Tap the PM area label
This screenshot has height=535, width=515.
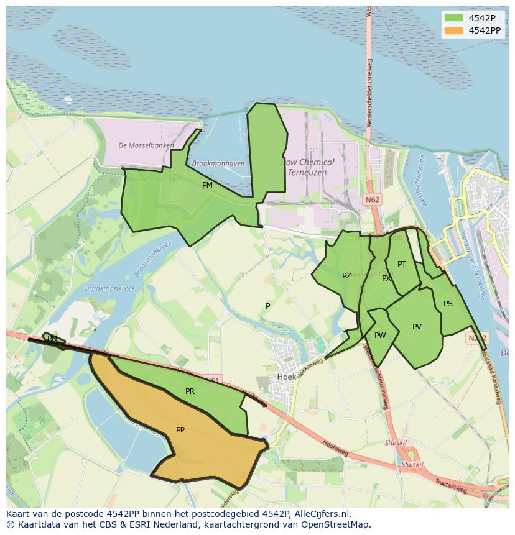point(207,185)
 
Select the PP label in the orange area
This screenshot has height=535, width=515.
point(180,430)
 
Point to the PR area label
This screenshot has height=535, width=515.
point(190,391)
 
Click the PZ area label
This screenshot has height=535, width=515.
point(346,276)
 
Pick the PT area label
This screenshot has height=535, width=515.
point(402,264)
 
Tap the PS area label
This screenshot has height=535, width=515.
point(448,304)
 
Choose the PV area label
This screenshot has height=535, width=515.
point(417,327)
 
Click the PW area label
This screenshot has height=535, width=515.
point(380,336)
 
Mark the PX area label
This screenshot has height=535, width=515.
point(386,278)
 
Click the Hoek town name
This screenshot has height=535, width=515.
point(286,377)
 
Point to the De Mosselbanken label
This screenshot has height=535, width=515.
point(146,145)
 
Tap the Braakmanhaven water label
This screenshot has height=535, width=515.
point(218,163)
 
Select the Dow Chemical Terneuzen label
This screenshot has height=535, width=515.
point(309,167)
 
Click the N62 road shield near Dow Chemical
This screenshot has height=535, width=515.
point(372,199)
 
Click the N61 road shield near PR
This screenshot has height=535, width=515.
point(212,380)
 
